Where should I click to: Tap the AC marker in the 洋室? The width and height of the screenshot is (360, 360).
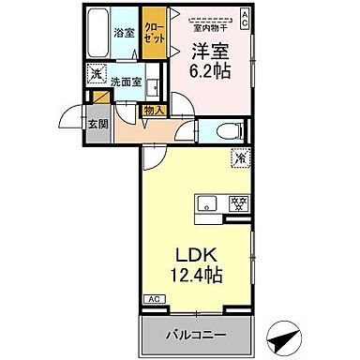(x=245, y=15)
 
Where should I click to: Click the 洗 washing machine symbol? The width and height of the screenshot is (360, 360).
(x=95, y=73)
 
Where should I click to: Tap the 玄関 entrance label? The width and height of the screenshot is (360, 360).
(x=97, y=123)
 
